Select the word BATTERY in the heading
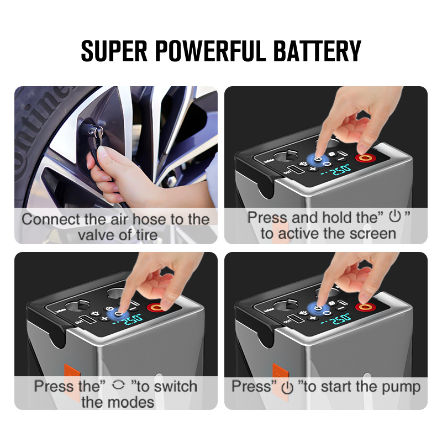point(318,50)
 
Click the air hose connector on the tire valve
point(90,132)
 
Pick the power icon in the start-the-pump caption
point(287,387)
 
